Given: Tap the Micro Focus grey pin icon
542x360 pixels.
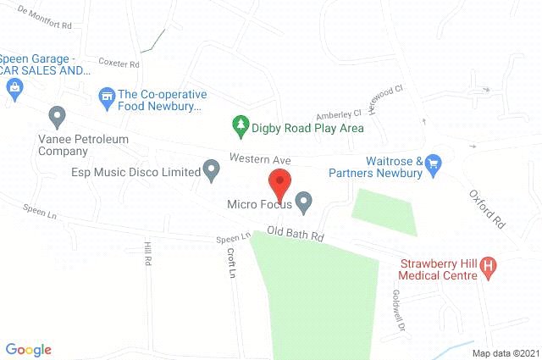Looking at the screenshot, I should (x=304, y=202).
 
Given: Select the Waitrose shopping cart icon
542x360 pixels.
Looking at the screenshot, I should (x=434, y=162).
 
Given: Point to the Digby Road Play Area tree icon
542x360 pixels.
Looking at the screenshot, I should (x=241, y=127).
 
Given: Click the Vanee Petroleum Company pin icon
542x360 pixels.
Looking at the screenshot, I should (x=58, y=114).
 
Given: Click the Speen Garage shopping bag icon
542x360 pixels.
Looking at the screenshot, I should (x=14, y=88).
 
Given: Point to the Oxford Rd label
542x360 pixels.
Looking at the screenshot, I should (x=487, y=208).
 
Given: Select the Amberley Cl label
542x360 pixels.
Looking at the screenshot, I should (x=339, y=114).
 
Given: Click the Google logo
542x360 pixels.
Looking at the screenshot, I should (x=29, y=349).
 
